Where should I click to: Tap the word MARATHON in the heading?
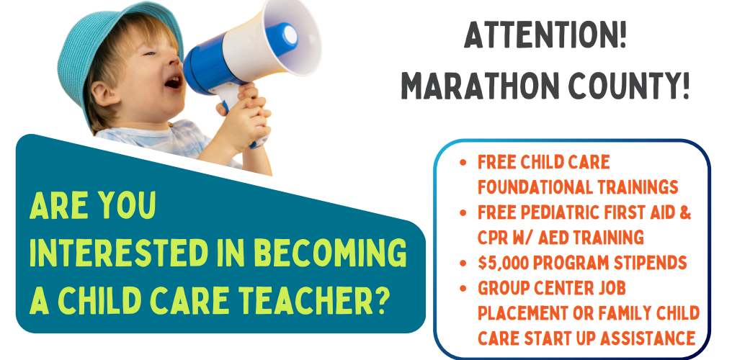(476, 86)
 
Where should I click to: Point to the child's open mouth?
(173, 82)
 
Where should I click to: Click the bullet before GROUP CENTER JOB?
(463, 288)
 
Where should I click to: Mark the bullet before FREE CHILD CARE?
(463, 162)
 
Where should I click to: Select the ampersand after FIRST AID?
(685, 212)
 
